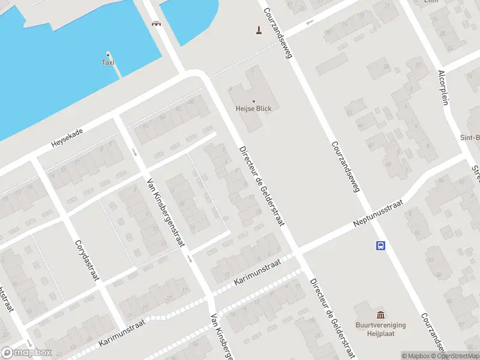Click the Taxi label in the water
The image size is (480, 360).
pyautogui.click(x=108, y=62)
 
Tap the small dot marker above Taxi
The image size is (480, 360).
pyautogui.click(x=108, y=54)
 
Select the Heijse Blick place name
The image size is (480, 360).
pyautogui.click(x=253, y=109)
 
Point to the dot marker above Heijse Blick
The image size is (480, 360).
pyautogui.click(x=253, y=101)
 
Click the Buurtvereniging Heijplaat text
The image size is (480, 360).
pyautogui.click(x=380, y=328)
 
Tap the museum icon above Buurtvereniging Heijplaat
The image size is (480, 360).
pyautogui.click(x=380, y=316)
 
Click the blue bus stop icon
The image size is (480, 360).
pyautogui.click(x=380, y=245)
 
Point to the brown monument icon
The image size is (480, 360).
pyautogui.click(x=259, y=29)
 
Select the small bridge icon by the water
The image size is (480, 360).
pyautogui.click(x=157, y=23)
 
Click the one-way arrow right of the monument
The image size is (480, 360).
pyautogui.click(x=310, y=22)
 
